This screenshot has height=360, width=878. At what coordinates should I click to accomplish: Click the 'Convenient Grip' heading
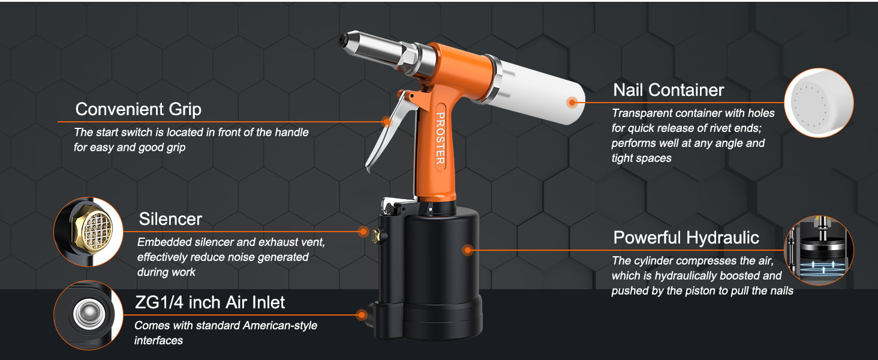138,109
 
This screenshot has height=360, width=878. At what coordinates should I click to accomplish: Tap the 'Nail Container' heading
668,90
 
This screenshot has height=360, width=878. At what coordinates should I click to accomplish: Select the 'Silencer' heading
170,219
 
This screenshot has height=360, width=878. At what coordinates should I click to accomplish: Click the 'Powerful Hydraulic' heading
685,238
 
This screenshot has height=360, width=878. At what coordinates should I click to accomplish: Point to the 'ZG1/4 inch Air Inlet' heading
210,302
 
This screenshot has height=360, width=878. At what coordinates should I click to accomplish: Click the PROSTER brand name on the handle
440,139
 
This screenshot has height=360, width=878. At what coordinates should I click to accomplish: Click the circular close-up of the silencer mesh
89,232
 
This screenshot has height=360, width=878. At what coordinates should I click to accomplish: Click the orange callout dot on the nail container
572,103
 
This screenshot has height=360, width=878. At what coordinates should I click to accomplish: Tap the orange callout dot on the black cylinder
467,250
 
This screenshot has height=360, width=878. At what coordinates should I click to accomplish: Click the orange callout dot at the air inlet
362,314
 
